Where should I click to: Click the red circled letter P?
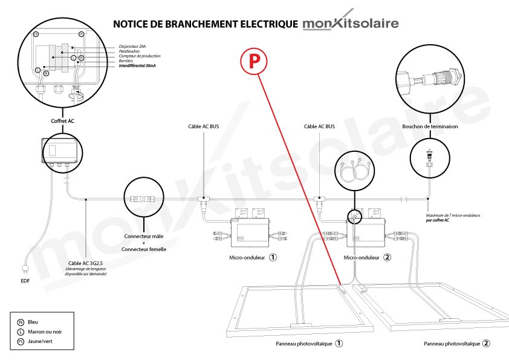click(x=254, y=61)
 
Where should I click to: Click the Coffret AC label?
click(x=63, y=121)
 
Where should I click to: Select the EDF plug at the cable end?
click(x=25, y=269)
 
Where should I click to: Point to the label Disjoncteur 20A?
click(x=132, y=47)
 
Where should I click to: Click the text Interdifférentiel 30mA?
click(x=137, y=65)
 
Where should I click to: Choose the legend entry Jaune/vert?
click(x=40, y=341)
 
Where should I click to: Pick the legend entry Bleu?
click(x=33, y=322)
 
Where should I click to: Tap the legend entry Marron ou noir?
click(x=45, y=332)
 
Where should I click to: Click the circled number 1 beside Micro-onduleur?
click(x=273, y=257)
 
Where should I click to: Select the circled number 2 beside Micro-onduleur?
click(x=387, y=257)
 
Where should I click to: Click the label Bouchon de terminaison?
click(x=430, y=126)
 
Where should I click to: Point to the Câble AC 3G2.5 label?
click(x=85, y=263)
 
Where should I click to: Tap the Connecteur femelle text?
click(x=144, y=249)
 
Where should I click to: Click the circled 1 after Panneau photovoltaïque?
click(x=339, y=344)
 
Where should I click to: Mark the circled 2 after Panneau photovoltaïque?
click(x=486, y=344)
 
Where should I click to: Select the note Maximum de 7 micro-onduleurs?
click(x=453, y=215)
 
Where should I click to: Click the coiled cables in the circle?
click(x=354, y=171)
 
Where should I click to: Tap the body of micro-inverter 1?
click(x=250, y=232)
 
